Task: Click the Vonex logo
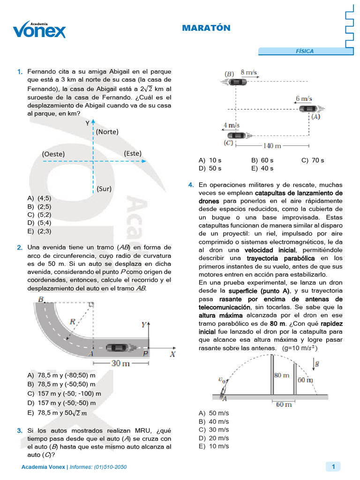pyautogui.click(x=39, y=30)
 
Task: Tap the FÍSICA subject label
pyautogui.click(x=305, y=52)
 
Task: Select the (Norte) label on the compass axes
pyautogui.click(x=107, y=132)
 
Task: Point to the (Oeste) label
pyautogui.click(x=53, y=154)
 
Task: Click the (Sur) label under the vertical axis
pyautogui.click(x=105, y=188)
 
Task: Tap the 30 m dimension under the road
pyautogui.click(x=120, y=363)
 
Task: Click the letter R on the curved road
pyautogui.click(x=72, y=322)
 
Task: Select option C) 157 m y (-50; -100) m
pyautogui.click(x=64, y=394)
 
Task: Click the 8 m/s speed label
pyautogui.click(x=249, y=73)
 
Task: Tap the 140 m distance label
pyautogui.click(x=271, y=146)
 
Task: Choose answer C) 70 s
pyautogui.click(x=313, y=160)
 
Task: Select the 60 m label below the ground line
pyautogui.click(x=283, y=404)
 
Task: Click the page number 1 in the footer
pyautogui.click(x=333, y=466)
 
